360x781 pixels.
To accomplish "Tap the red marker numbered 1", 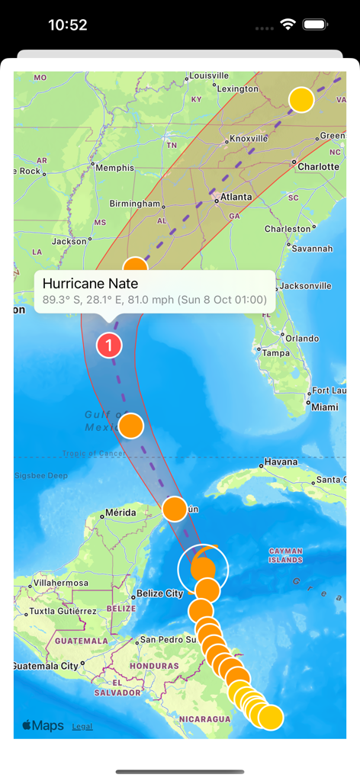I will (x=109, y=346).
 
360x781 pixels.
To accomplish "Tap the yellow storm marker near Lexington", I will (x=302, y=100).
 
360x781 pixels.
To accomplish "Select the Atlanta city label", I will (x=236, y=197).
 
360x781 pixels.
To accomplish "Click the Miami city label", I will (x=325, y=407).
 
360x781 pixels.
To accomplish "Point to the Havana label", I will (x=281, y=462).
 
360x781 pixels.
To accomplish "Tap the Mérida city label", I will (x=121, y=513).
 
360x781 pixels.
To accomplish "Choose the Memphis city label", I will (x=114, y=168).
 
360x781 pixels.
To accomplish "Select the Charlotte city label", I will (x=318, y=166).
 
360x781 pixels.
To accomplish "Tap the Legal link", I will (x=82, y=726).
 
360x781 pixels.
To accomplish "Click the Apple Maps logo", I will (x=43, y=725).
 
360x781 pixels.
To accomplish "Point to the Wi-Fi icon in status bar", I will (x=288, y=24).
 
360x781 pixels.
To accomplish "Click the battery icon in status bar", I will (x=315, y=24).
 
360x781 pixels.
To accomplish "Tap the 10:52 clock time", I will (x=67, y=24).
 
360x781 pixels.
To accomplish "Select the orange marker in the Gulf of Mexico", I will (x=131, y=426).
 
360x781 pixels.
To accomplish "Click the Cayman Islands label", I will (x=286, y=554).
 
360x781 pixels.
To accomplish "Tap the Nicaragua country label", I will (x=204, y=718).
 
